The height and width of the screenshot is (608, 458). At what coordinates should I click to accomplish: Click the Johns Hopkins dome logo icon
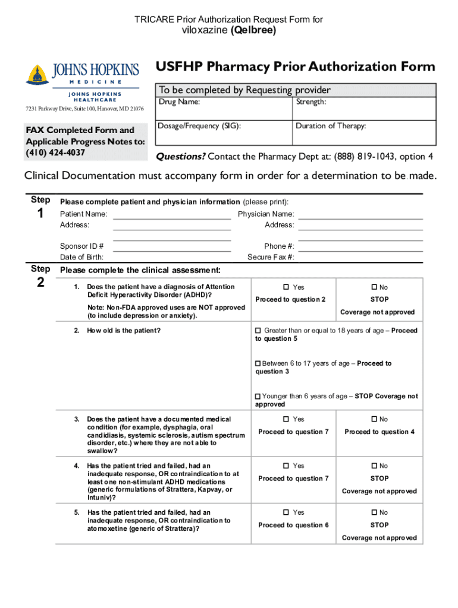point(37,75)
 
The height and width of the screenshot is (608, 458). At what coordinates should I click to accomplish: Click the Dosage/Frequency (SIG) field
point(224,132)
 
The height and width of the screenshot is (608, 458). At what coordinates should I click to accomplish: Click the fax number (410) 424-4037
point(55,153)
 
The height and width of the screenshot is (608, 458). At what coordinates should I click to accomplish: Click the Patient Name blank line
point(172,214)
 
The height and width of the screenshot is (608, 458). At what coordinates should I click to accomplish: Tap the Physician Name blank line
point(360,214)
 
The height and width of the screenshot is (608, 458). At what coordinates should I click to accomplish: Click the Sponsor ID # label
point(82,246)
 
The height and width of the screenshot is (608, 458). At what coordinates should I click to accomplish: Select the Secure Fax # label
point(271,257)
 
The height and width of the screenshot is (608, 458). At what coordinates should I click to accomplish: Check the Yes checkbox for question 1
point(286,287)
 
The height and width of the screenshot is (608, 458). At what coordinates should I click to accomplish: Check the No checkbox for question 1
point(374,287)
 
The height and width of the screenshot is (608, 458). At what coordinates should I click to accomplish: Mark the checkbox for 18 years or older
point(258,331)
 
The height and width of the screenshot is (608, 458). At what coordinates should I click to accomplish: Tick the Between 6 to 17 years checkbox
point(258,363)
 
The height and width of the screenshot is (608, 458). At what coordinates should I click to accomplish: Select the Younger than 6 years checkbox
point(258,396)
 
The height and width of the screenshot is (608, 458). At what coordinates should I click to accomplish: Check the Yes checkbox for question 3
point(286,419)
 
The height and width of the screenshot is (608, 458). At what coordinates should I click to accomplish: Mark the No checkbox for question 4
point(374,466)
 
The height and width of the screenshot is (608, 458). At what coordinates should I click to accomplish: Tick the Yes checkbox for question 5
point(286,512)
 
